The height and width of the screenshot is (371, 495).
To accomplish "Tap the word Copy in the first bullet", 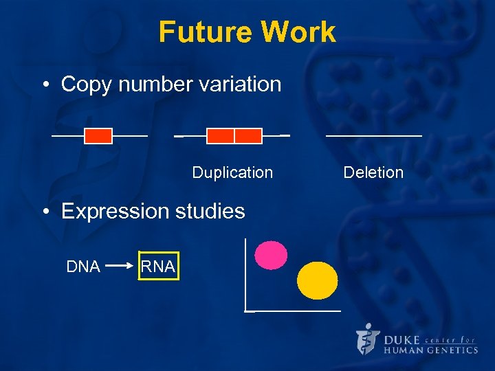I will tap(86, 85).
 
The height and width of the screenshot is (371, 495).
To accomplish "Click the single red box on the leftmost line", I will tap(98, 136).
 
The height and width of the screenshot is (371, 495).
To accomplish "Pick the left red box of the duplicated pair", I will tap(220, 136).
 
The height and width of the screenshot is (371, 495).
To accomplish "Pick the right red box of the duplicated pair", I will tap(248, 136).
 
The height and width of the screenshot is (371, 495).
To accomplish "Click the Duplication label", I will tap(232, 172).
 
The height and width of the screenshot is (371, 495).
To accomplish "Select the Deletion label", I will tap(373, 172).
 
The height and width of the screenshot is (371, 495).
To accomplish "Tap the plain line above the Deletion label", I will tap(373, 136).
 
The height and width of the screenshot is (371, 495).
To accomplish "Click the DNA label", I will tap(83, 267).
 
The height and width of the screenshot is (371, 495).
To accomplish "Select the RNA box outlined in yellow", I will tap(158, 267).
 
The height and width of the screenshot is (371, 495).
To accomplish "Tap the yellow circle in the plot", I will tap(318, 280).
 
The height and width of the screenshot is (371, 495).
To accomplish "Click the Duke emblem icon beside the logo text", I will tap(368, 340).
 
